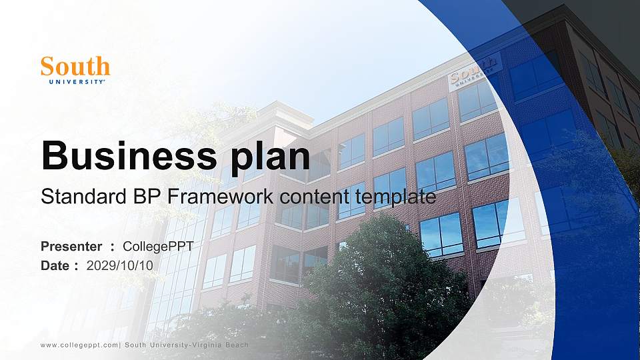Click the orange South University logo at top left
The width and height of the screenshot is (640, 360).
click(75, 69)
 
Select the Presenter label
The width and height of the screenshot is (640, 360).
click(71, 247)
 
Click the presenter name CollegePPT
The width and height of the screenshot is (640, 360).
click(158, 247)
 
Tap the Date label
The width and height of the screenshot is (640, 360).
click(55, 265)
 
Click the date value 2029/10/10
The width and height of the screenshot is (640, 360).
click(120, 265)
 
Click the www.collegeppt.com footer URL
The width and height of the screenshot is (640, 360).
click(79, 345)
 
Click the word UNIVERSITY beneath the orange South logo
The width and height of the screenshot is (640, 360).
click(76, 82)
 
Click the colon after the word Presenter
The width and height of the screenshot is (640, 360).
click(112, 247)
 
